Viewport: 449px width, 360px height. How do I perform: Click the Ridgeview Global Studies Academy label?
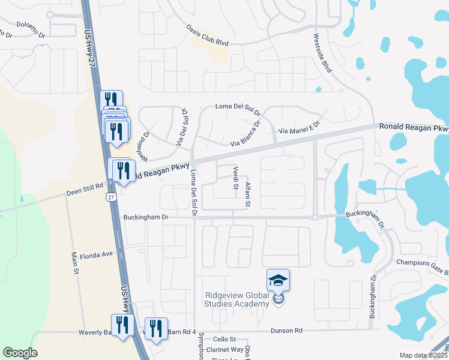click(x=237, y=299)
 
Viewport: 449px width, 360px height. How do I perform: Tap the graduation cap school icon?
click(x=278, y=280)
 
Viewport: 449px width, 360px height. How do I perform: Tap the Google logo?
click(x=20, y=353)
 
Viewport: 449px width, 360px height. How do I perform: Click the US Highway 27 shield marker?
click(x=109, y=197)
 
